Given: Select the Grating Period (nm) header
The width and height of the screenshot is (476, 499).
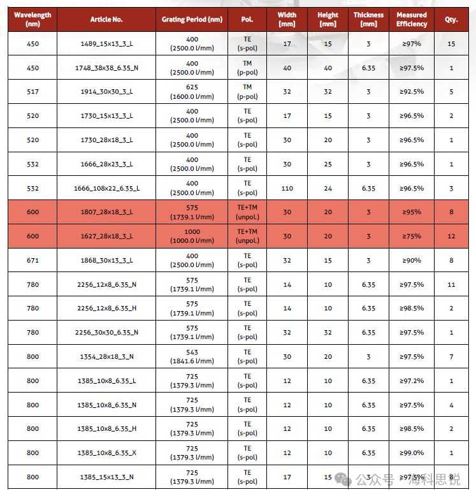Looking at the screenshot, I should (192, 20).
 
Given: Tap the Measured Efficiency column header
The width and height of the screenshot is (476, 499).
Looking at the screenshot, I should (412, 19).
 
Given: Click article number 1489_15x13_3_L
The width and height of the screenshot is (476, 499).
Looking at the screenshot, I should (107, 44).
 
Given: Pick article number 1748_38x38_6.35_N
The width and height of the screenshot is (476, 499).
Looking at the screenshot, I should (107, 68).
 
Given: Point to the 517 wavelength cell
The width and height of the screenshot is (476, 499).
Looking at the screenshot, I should (32, 92).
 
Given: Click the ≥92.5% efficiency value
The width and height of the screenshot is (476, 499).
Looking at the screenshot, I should (412, 92).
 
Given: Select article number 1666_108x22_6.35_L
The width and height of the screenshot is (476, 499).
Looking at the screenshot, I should (107, 189).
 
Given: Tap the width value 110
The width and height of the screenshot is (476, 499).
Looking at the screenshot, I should (287, 189).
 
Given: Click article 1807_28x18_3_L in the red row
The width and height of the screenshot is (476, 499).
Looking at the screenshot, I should (107, 212).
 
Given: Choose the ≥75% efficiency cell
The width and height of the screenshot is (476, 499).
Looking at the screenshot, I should (412, 236).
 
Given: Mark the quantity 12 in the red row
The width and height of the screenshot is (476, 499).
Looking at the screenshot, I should (451, 236).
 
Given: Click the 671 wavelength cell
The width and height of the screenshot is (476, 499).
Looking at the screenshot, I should (32, 260).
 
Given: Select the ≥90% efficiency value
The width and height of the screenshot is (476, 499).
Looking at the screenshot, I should (412, 260).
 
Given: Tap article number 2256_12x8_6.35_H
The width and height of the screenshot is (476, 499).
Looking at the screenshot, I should (107, 308).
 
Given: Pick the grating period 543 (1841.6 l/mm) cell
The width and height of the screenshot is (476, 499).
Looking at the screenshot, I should (192, 356).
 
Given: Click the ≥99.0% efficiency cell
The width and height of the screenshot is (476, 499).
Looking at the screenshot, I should (412, 452).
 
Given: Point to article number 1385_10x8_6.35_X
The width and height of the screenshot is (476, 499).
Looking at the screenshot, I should (107, 452).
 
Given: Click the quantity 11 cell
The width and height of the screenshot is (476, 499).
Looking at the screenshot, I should (451, 284).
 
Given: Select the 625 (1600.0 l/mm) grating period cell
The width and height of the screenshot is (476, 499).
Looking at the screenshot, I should (192, 92).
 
